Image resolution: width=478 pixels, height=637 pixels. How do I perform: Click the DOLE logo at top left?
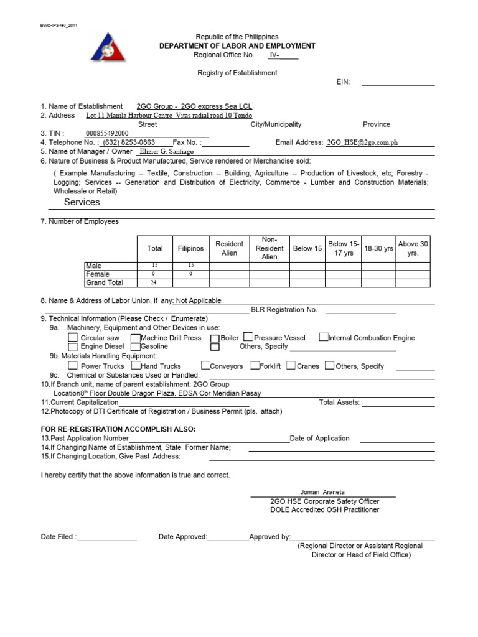pos(108,47)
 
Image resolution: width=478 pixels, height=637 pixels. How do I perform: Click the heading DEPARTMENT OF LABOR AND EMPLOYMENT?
pos(237,46)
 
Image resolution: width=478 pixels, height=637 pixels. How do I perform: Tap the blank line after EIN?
pos(398,82)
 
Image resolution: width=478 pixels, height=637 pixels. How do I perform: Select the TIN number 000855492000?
pos(107,133)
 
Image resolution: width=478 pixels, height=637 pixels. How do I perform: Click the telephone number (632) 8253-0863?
pos(129,142)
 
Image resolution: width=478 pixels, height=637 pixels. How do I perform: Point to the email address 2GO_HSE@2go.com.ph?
pos(362,142)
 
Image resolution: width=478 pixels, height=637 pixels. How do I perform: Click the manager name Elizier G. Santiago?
pos(166,151)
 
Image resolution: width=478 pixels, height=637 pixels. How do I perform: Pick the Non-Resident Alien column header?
pos(269,248)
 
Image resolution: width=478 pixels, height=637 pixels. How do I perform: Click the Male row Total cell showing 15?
pos(155,266)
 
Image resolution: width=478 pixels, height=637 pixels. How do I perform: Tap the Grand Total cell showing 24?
pos(155,283)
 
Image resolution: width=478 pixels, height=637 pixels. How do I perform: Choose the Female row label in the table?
pos(98,274)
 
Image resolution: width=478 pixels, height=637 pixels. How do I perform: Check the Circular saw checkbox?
pos(73,338)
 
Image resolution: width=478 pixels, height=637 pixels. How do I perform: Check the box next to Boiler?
pos(215,338)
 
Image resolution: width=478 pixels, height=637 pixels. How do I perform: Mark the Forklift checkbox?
pos(255,366)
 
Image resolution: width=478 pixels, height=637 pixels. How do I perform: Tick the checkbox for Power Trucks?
pos(73,366)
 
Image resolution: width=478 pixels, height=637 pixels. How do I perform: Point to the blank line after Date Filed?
pos(106,537)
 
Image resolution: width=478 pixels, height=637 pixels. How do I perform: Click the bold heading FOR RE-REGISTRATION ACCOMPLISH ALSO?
pos(118,429)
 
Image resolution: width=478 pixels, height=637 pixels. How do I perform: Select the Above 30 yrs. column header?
pos(413,248)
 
